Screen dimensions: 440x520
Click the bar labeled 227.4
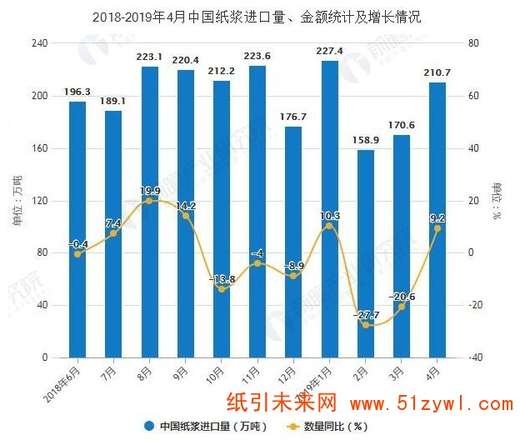329,208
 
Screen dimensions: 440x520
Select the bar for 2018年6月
77,229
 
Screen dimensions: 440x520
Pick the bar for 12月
293,242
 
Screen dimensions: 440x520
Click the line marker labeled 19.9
149,201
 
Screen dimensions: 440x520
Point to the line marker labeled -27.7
366,324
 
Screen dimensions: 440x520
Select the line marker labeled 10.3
329,226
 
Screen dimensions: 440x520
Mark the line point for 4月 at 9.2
437,228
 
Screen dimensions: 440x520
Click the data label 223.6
257,57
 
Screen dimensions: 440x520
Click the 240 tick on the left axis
39,42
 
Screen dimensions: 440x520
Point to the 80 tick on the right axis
473,42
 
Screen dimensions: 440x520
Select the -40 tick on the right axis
475,357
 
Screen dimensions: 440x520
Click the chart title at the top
257,17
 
